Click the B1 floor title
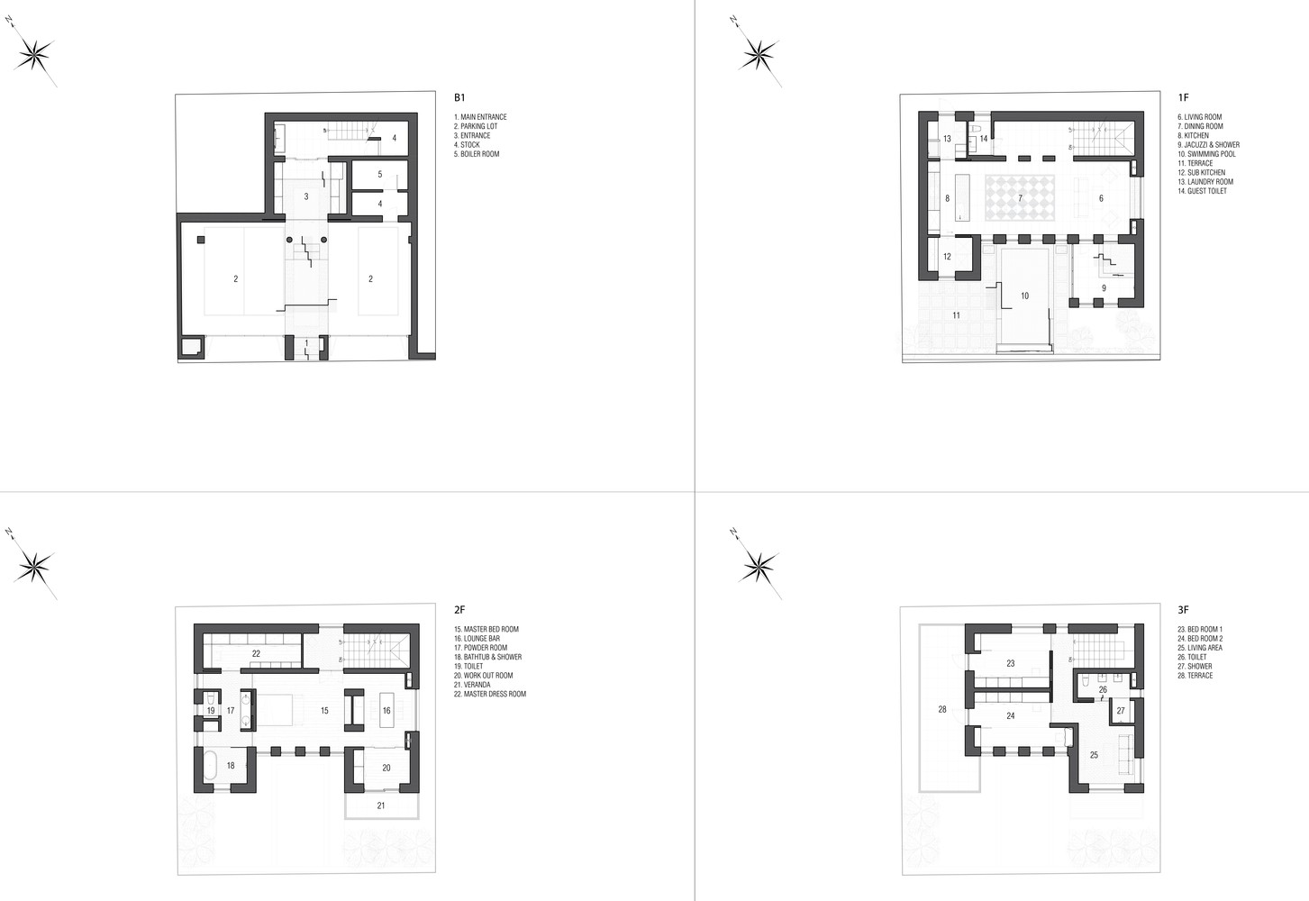tap(459, 97)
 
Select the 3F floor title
tap(1183, 610)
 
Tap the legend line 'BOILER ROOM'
tap(477, 154)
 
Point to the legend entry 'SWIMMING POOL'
tap(1206, 154)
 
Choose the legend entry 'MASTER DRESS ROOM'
tap(490, 694)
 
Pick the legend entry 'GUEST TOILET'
tap(1202, 191)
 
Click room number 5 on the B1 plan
tap(380, 174)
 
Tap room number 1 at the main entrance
tap(307, 343)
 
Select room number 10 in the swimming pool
tap(1024, 296)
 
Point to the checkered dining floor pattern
tap(1020, 197)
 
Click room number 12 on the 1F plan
tap(947, 257)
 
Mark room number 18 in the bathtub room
tap(231, 766)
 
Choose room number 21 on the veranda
tap(381, 805)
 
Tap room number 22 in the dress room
tap(256, 654)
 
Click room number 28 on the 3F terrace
tap(942, 709)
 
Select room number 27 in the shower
tap(1121, 711)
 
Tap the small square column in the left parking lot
tap(200, 240)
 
